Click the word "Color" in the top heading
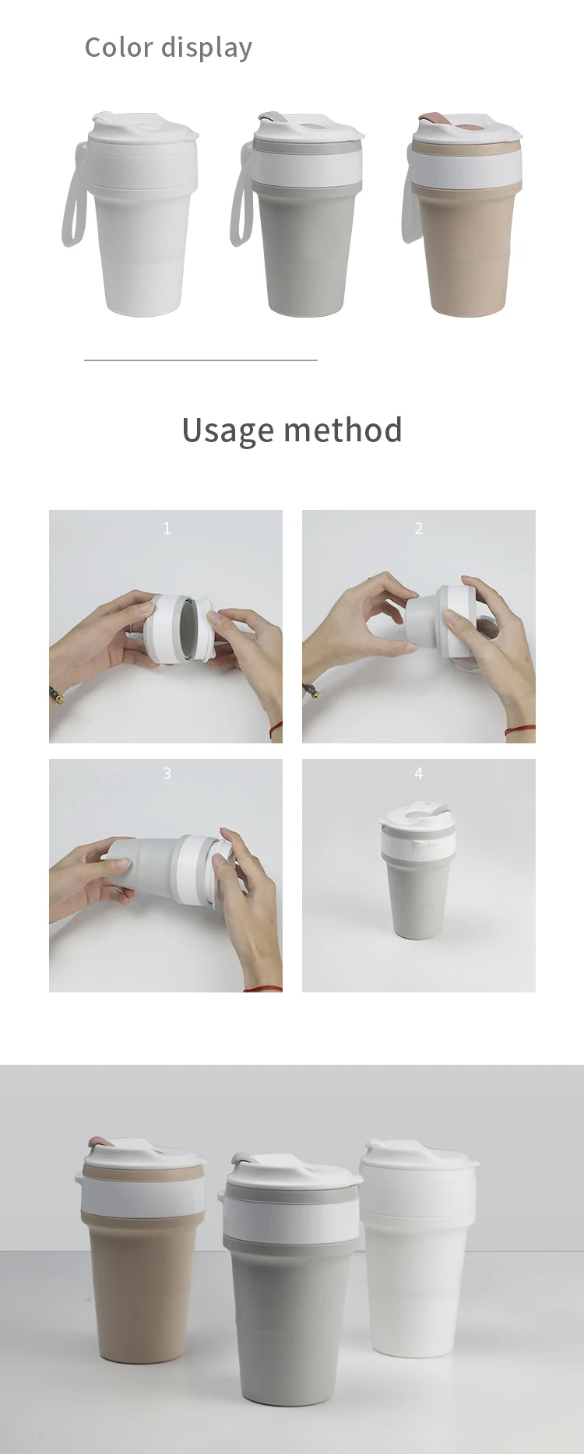click(118, 47)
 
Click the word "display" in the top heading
click(206, 49)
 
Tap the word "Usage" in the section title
click(228, 430)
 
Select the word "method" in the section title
click(343, 430)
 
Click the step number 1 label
click(167, 529)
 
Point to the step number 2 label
click(419, 529)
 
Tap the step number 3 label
click(167, 774)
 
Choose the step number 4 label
click(419, 774)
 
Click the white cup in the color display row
click(132, 214)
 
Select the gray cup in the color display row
click(300, 214)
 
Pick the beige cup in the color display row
click(463, 214)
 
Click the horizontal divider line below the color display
click(201, 360)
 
